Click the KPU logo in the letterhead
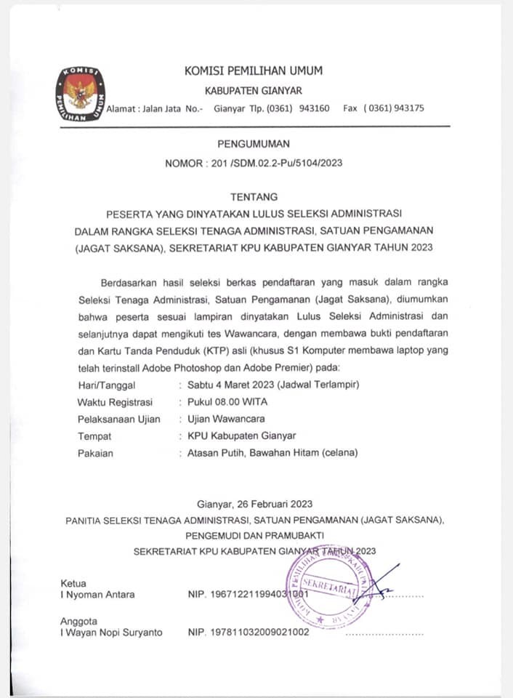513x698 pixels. [x=81, y=94]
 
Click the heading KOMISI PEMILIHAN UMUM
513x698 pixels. [x=254, y=71]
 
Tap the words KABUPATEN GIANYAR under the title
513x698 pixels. [x=253, y=91]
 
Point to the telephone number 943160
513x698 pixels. [x=314, y=108]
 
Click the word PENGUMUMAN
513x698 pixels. [x=254, y=144]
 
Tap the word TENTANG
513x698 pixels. [x=254, y=196]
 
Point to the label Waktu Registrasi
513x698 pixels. [x=115, y=402]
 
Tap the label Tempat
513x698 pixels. [x=94, y=436]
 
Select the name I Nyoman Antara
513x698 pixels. [x=97, y=594]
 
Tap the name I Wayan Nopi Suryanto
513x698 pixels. [x=111, y=633]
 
